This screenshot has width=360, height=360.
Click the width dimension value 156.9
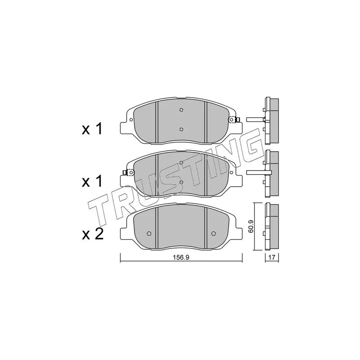(x=181, y=257)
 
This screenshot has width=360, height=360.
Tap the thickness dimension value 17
(x=272, y=257)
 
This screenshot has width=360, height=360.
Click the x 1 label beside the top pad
(x=92, y=129)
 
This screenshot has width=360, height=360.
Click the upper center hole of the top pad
(x=181, y=110)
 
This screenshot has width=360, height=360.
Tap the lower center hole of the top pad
(x=181, y=129)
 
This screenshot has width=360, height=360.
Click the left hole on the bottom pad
(x=149, y=234)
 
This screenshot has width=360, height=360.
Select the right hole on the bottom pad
(x=213, y=234)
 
